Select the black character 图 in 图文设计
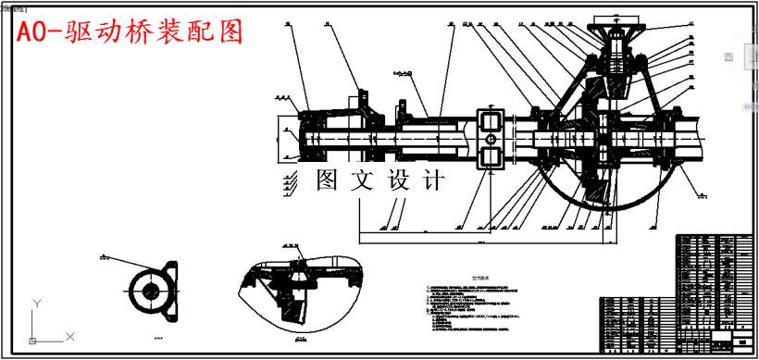[x=329, y=179]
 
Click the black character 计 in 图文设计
[x=432, y=179]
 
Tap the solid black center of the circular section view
[x=148, y=289]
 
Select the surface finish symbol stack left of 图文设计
[x=291, y=180]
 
